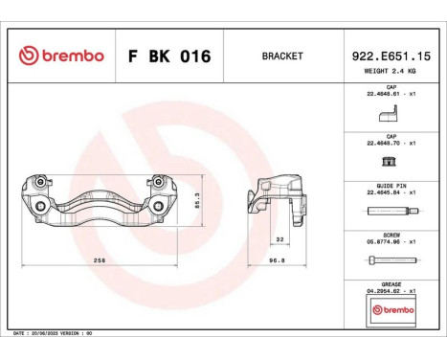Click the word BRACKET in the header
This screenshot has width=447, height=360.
coord(281,56)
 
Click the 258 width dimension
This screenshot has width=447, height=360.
coord(99,259)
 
